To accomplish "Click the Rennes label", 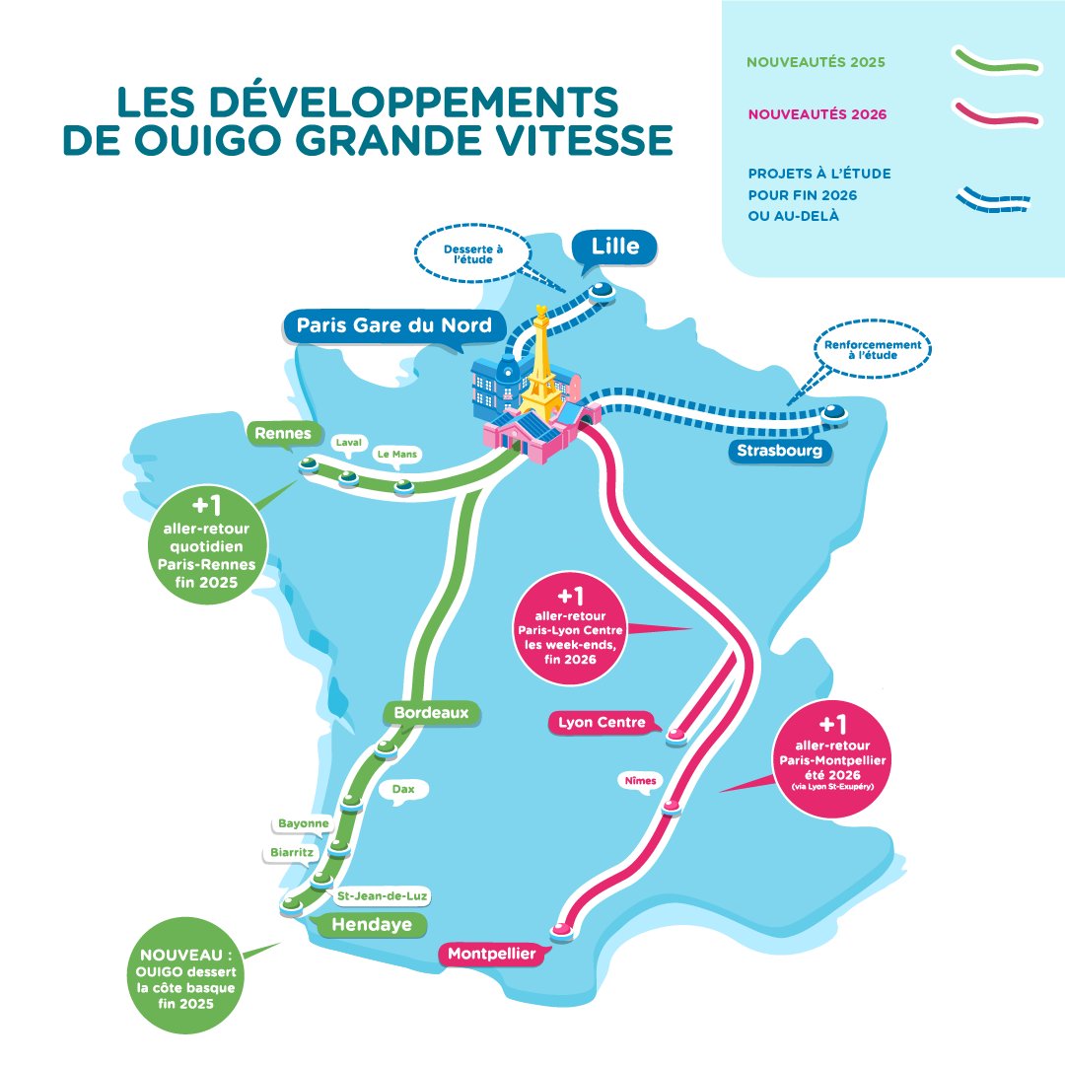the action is pyautogui.click(x=283, y=433).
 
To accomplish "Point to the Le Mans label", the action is pyautogui.click(x=397, y=455).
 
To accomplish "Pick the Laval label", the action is pyautogui.click(x=349, y=443).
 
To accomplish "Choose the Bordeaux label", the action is pyautogui.click(x=431, y=712).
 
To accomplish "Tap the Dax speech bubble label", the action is pyautogui.click(x=403, y=789).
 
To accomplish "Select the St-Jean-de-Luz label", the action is pyautogui.click(x=383, y=896).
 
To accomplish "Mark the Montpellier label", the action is pyautogui.click(x=492, y=955).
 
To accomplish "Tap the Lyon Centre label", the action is pyautogui.click(x=602, y=723).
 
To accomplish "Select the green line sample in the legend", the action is pyautogui.click(x=997, y=61).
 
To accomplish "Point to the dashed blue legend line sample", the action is pyautogui.click(x=994, y=200).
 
